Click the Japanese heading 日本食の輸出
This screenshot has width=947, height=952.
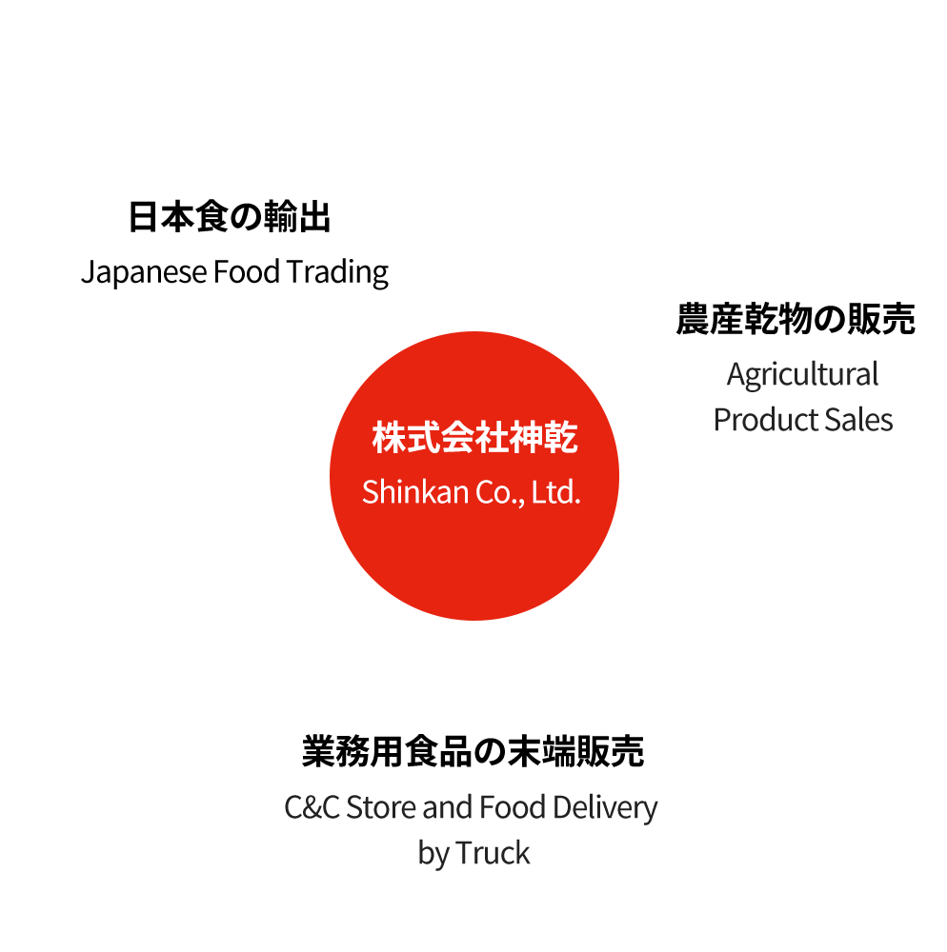pyautogui.click(x=230, y=218)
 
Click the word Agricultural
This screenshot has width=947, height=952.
pyautogui.click(x=802, y=375)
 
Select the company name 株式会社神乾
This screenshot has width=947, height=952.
pyautogui.click(x=473, y=440)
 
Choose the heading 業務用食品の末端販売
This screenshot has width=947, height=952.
pyautogui.click(x=473, y=752)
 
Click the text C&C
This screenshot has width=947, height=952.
pyautogui.click(x=312, y=808)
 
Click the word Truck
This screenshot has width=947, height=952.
pyautogui.click(x=492, y=853)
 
